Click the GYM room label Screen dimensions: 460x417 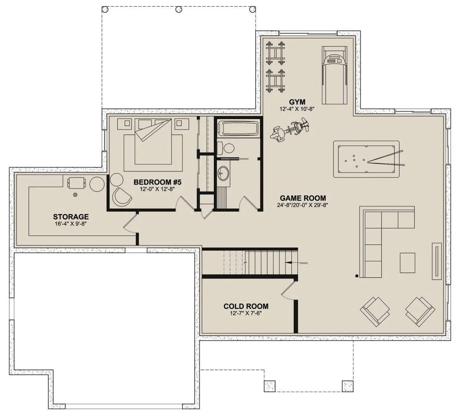[x=297, y=102]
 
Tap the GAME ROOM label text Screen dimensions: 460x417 [x=303, y=198]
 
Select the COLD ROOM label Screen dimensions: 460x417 [x=246, y=306]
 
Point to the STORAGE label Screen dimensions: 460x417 [x=71, y=217]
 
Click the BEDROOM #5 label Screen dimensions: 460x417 [x=157, y=182]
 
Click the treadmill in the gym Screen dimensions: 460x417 [x=334, y=75]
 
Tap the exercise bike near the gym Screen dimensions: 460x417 [x=290, y=130]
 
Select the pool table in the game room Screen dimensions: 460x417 [x=366, y=159]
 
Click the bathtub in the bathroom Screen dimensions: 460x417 [x=238, y=128]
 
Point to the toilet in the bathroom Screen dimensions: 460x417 [x=226, y=148]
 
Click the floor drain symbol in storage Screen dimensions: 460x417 [x=75, y=195]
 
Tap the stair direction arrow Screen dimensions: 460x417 [x=296, y=263]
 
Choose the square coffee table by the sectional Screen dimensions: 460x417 [x=407, y=263]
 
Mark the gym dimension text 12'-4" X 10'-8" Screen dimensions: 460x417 [x=297, y=109]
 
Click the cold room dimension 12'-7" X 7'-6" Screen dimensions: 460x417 [x=246, y=313]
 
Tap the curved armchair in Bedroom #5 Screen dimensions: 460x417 [x=122, y=197]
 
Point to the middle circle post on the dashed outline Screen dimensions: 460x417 [x=179, y=10]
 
